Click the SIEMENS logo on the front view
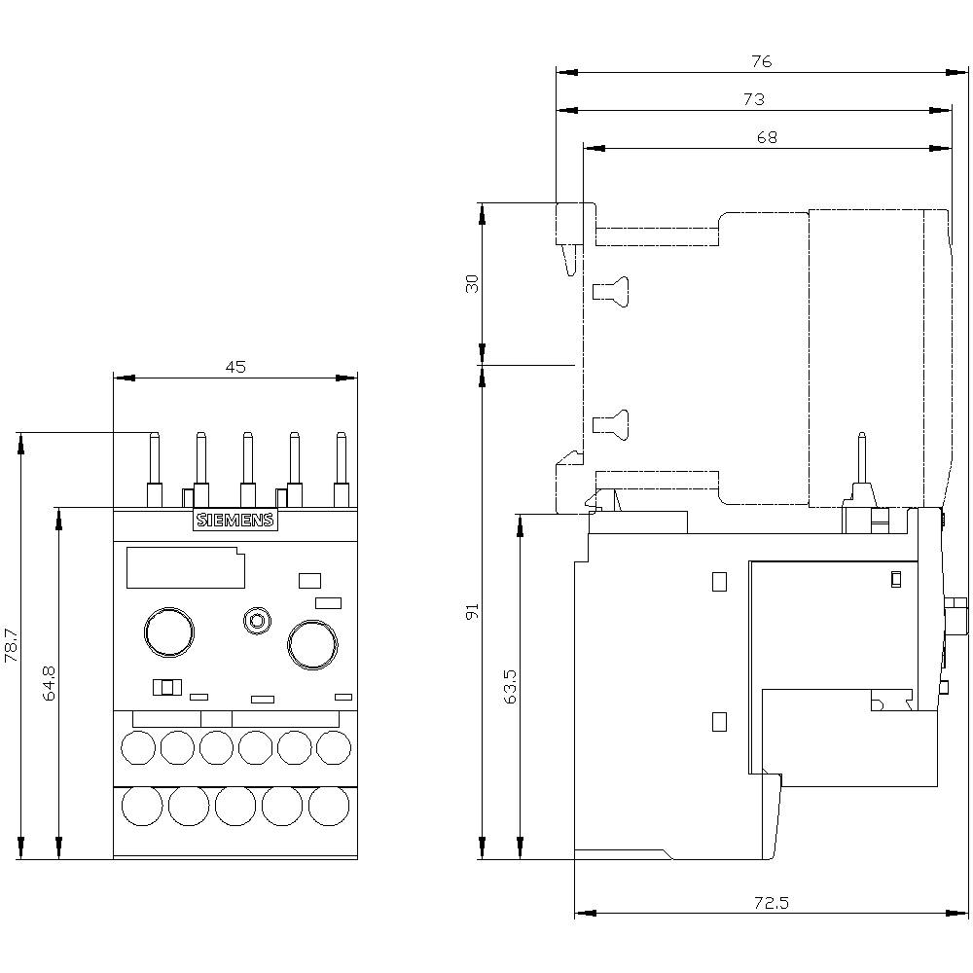tap(235, 521)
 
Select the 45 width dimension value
tap(235, 367)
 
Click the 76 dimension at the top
tap(761, 61)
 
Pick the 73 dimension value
tap(753, 99)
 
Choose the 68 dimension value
tap(767, 138)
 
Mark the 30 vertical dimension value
tap(473, 284)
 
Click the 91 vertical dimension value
tap(473, 612)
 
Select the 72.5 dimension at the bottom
tap(771, 903)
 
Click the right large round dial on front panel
tap(312, 644)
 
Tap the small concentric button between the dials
tap(257, 620)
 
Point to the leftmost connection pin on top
tap(153, 467)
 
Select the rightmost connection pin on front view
tap(341, 467)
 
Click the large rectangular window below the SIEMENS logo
tap(184, 567)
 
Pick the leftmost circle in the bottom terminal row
tap(141, 806)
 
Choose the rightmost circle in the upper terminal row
tap(334, 747)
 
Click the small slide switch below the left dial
tap(167, 688)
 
